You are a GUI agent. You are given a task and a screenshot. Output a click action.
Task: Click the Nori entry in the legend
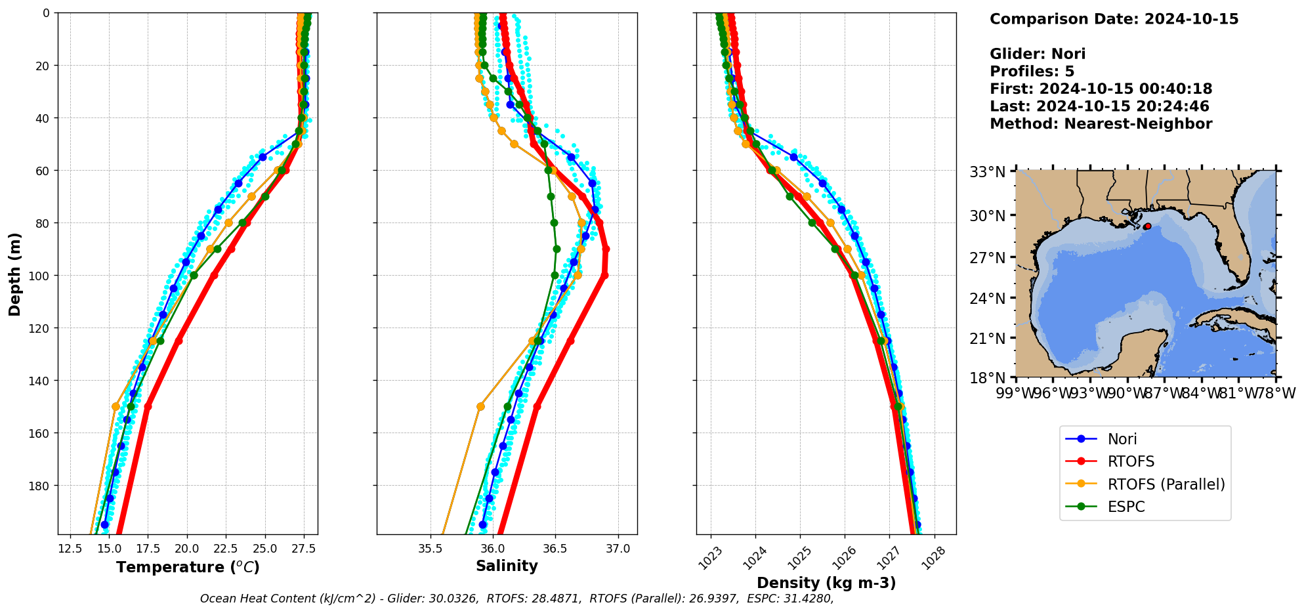point(1122,439)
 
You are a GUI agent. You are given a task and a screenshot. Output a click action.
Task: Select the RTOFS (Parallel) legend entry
point(1166,484)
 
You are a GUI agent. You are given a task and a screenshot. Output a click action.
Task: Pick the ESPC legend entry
point(1125,507)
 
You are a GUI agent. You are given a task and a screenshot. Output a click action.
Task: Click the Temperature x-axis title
point(188,567)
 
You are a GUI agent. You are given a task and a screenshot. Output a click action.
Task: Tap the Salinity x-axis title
point(507,566)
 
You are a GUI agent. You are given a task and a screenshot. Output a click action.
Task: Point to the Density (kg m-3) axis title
point(826,583)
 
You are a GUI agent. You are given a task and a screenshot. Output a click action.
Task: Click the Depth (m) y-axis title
point(14,274)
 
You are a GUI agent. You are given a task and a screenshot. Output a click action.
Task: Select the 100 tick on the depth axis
point(42,276)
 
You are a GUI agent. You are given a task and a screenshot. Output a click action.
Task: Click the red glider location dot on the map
point(1147,226)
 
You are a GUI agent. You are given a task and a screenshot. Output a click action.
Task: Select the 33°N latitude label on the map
point(988,172)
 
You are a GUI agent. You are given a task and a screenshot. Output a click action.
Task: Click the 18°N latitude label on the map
point(988,377)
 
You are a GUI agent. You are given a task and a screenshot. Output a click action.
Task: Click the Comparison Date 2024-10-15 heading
point(1114,19)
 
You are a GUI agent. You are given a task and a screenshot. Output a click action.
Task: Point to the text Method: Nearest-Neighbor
point(1101,123)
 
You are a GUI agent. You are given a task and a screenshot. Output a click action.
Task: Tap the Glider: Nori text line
point(1037,54)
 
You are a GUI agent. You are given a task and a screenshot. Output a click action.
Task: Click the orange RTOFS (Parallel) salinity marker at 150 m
point(480,406)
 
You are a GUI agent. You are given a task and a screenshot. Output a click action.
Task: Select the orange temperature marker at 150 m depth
point(116,406)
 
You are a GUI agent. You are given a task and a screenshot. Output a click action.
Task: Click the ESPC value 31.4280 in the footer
point(810,599)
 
